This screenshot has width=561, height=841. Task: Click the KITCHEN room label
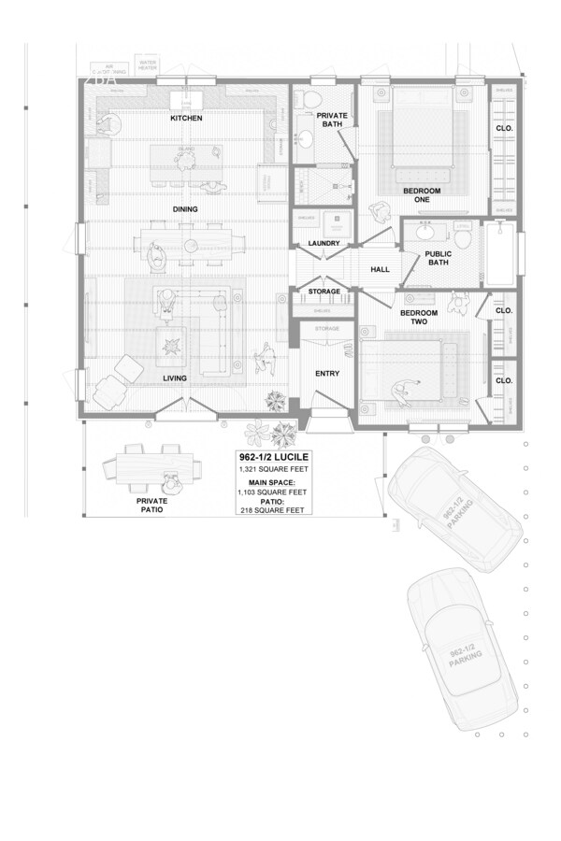coord(185,119)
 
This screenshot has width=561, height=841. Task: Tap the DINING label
coord(184,208)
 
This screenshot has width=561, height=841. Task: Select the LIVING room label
coord(175,378)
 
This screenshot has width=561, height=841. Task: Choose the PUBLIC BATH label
coord(438,258)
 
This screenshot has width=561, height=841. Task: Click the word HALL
coord(380,269)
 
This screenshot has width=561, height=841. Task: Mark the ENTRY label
coord(327,374)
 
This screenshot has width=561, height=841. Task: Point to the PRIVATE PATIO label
coord(144,506)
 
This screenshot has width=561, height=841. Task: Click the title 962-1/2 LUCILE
coord(274,457)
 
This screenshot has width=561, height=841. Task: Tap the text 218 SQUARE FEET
coord(273,511)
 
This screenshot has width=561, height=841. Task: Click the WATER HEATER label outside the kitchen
coord(149,66)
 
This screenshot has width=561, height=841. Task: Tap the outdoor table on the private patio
coord(157,464)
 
